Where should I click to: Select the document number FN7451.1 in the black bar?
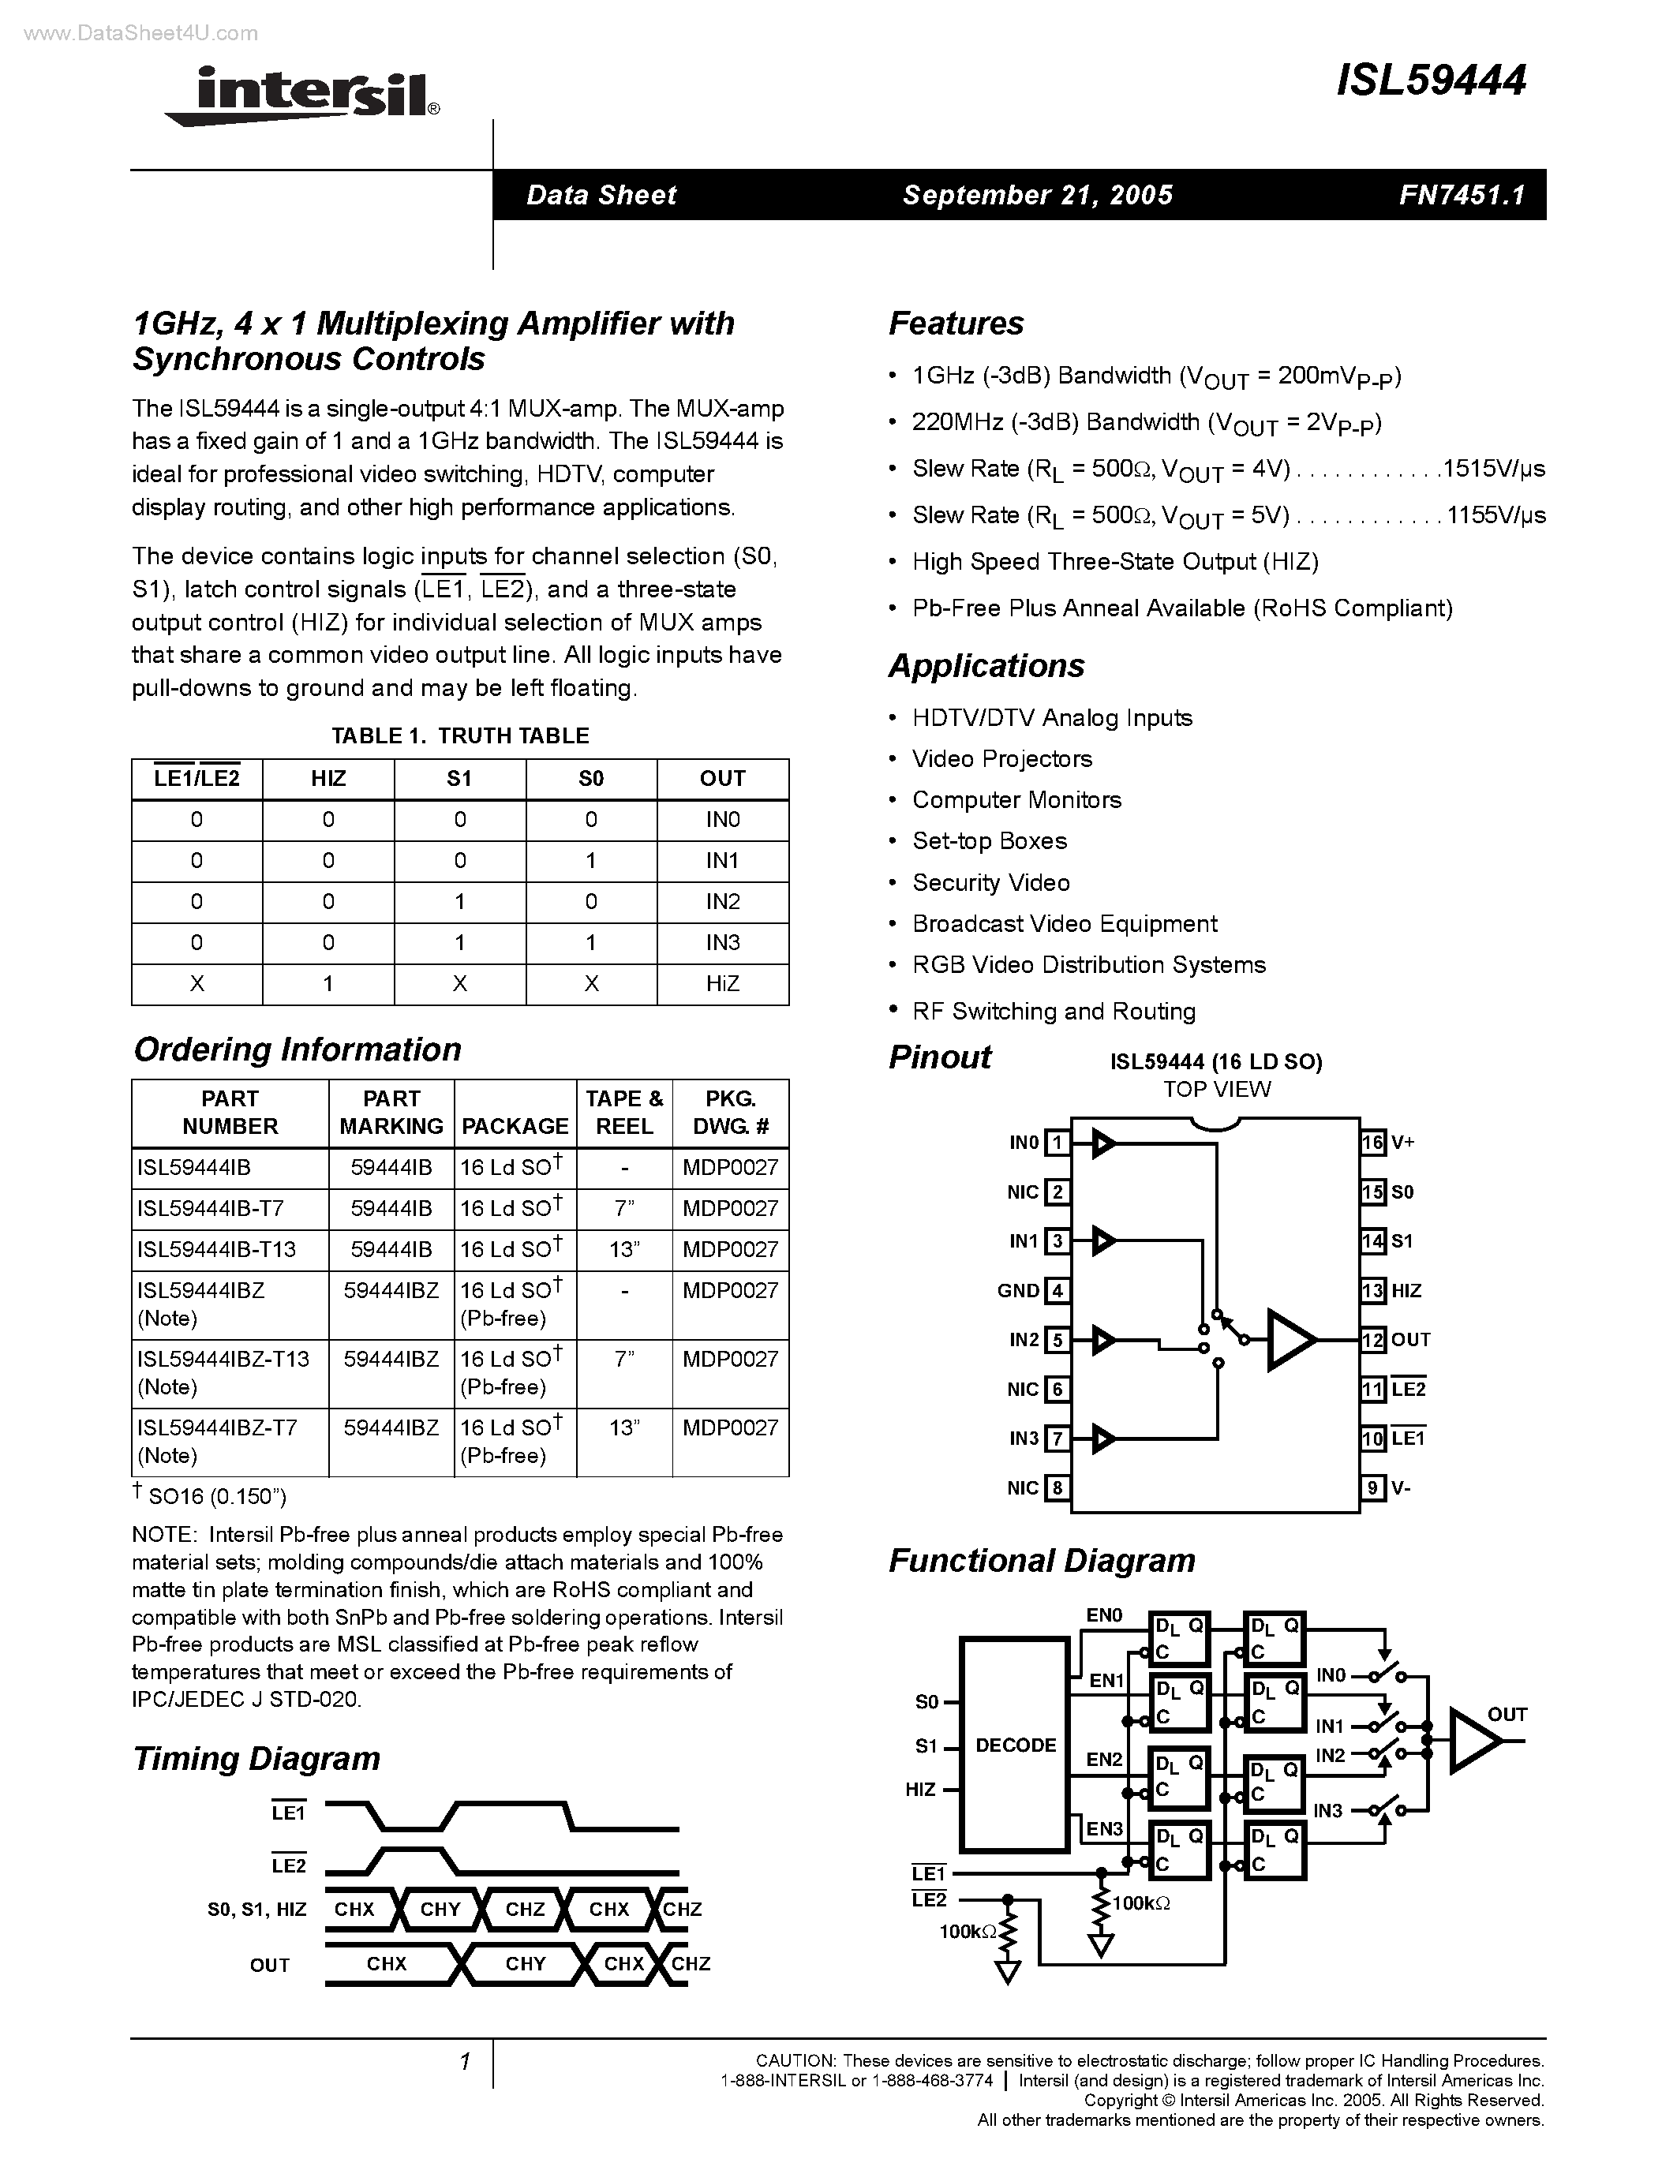tap(1462, 195)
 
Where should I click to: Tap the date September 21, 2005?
tap(1037, 195)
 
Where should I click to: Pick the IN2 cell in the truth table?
tap(722, 902)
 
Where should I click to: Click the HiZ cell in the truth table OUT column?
tap(722, 984)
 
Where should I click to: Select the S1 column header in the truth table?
tap(459, 779)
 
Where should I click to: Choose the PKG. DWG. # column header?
tap(730, 1113)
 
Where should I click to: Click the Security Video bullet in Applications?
tap(990, 882)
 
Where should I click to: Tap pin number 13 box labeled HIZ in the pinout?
tap(1373, 1291)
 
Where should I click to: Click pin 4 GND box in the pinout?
tap(1057, 1291)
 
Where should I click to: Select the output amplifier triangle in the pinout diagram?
tap(1290, 1339)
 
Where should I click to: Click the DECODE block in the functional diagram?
tap(1016, 1745)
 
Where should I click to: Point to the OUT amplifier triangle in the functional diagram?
tap(1473, 1741)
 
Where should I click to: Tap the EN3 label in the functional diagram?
tap(1104, 1829)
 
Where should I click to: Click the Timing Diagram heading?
tap(256, 1757)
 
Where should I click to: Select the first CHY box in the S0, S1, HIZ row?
tap(440, 1909)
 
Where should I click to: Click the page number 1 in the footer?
tap(464, 2062)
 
